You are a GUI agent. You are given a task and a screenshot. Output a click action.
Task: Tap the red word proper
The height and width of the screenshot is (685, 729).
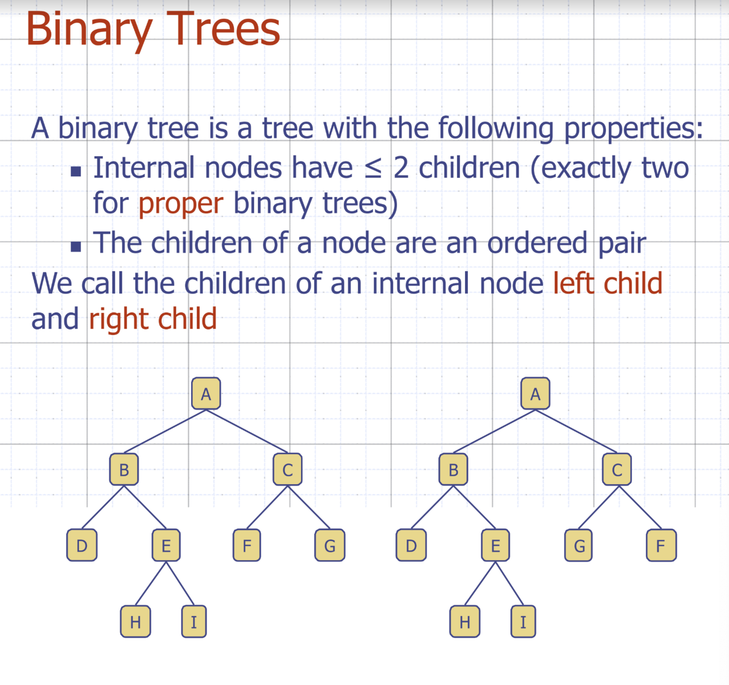(181, 204)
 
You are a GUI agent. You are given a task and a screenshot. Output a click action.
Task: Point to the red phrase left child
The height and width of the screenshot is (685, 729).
(608, 283)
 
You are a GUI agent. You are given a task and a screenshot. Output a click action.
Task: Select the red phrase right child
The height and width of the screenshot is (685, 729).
(152, 319)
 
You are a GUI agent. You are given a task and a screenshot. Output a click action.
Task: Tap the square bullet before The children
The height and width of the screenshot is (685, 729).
(76, 247)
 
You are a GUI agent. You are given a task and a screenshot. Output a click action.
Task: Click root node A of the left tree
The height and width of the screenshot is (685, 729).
(206, 394)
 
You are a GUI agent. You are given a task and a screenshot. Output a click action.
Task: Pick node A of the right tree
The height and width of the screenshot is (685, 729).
(535, 394)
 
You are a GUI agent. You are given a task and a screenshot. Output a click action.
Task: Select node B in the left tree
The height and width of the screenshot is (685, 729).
(124, 469)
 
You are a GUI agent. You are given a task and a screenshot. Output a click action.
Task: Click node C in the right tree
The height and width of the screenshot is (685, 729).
(616, 469)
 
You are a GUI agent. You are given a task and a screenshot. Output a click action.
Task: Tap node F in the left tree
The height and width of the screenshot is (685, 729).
(246, 545)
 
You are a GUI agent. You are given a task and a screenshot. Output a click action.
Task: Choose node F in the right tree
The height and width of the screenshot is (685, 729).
(661, 545)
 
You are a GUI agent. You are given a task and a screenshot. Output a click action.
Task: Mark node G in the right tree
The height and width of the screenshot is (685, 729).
(579, 545)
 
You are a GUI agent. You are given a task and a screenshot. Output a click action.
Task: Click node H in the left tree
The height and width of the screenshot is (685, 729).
(136, 621)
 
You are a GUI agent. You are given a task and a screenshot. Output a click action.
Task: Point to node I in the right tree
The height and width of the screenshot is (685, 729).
(523, 621)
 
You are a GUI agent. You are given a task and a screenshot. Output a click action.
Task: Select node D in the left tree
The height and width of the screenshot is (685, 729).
(82, 545)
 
